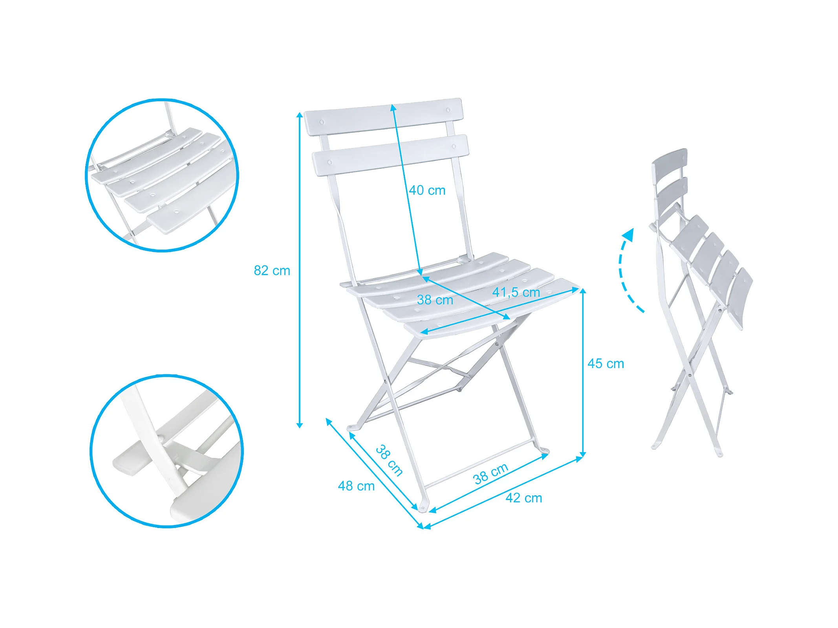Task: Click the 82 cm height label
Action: coord(272,270)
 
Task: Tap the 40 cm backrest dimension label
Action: coord(427,190)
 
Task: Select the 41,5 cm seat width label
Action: coord(516,292)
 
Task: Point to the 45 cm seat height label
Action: coord(606,363)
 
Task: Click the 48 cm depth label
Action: coord(356,486)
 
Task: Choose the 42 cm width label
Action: coord(524,498)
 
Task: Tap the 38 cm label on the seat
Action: coord(435,300)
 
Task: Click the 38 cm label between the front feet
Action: coord(491,473)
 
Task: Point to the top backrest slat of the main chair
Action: coord(384,117)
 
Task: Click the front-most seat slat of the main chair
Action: coord(491,308)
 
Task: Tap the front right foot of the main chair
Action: coord(544,450)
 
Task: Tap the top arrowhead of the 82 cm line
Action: coord(300,115)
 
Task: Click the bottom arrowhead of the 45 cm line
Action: coord(583,455)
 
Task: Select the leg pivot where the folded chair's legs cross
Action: coord(690,374)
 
